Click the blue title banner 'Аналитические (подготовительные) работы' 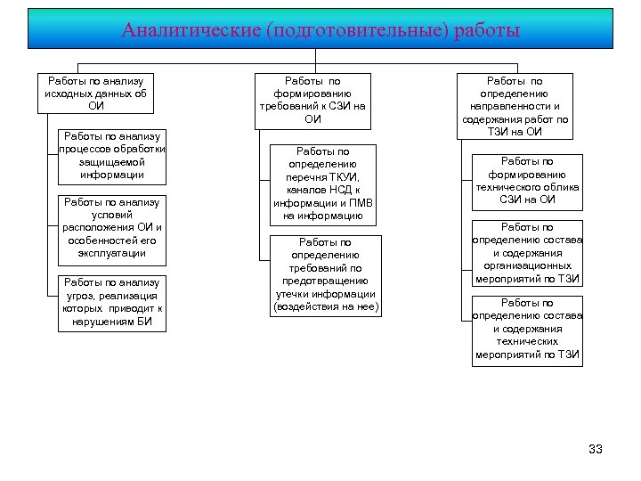[x=320, y=29]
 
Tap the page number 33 [x=596, y=449]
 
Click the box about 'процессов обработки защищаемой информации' [x=111, y=155]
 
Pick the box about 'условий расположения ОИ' [x=111, y=227]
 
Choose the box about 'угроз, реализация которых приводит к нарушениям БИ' [x=111, y=302]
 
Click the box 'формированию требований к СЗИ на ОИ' [x=312, y=99]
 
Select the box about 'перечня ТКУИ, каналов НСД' [x=323, y=183]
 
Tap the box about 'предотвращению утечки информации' [x=325, y=274]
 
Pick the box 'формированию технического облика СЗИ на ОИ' [x=527, y=180]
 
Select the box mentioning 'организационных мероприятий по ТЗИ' [x=527, y=253]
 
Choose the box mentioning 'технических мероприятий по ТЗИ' [x=527, y=328]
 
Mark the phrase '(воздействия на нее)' [x=326, y=306]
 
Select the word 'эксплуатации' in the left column [x=111, y=253]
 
